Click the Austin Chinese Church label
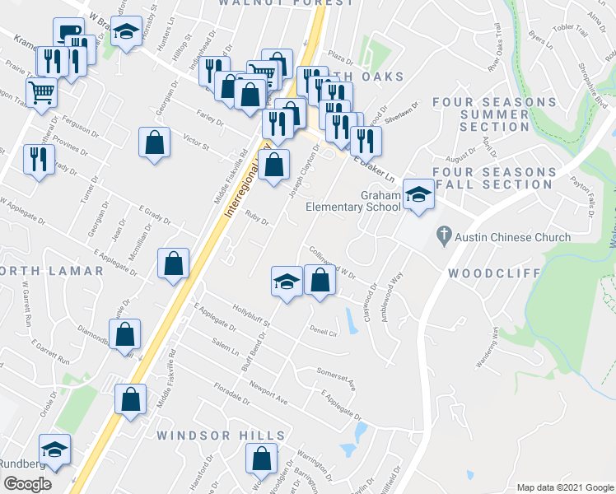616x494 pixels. pos(514,238)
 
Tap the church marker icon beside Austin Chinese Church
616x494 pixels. pos(444,237)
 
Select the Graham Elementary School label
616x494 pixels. pos(352,202)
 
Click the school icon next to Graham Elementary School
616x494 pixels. pos(418,195)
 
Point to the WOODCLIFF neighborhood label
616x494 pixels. pos(494,273)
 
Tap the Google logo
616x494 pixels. pos(27,483)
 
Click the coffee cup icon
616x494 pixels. pos(68,33)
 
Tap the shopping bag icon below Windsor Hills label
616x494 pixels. pos(262,458)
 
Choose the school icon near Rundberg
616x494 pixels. pos(54,450)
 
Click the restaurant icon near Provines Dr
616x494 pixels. pos(39,158)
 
